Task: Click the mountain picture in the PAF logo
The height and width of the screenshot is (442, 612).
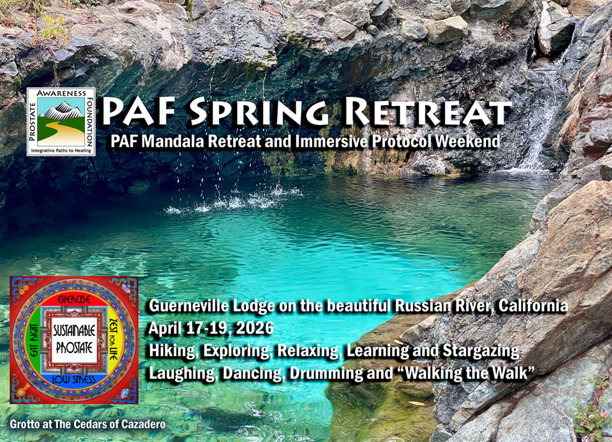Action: pyautogui.click(x=61, y=122)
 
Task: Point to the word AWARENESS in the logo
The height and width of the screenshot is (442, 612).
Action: pyautogui.click(x=61, y=93)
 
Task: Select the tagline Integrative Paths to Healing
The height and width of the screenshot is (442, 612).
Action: pyautogui.click(x=61, y=150)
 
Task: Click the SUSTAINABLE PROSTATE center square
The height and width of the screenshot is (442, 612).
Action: pyautogui.click(x=74, y=339)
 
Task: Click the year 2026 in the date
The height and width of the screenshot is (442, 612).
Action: pyautogui.click(x=255, y=328)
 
